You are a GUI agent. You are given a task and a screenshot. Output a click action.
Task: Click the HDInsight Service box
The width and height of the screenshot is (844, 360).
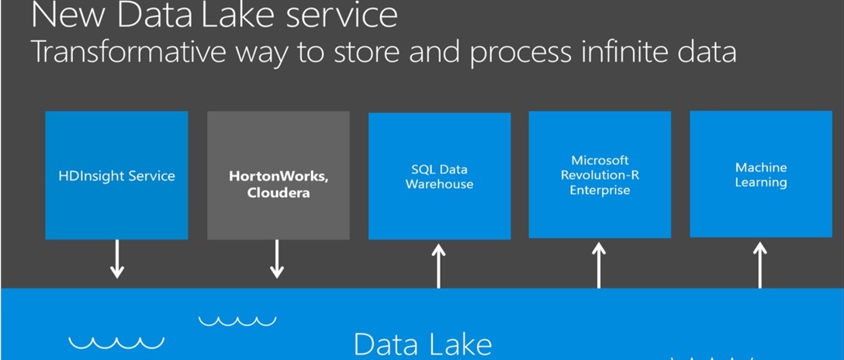(117, 175)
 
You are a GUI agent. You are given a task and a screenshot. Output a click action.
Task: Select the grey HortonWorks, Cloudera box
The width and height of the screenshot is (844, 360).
(278, 175)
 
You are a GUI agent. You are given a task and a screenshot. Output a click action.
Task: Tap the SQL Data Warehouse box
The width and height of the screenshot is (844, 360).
(439, 176)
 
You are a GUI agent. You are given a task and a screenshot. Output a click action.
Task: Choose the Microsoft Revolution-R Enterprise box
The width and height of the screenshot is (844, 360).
(600, 175)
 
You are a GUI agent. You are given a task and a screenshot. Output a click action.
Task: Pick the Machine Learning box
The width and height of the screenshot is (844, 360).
(760, 174)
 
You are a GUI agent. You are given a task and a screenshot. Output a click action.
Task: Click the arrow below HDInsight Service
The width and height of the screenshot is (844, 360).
(117, 259)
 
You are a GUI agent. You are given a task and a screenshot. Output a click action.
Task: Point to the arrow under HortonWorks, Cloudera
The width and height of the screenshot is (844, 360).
(277, 259)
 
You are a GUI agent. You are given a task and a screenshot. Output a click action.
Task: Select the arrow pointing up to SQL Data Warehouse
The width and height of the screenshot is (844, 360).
(439, 266)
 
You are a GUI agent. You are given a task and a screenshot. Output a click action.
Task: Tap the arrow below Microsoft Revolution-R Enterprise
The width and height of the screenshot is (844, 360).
(599, 265)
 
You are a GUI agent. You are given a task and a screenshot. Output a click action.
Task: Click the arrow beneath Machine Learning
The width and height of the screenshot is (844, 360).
(759, 265)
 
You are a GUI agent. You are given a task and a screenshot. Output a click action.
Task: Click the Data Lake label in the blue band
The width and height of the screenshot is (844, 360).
(423, 344)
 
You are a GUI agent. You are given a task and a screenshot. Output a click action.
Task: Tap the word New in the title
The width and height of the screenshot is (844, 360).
(68, 16)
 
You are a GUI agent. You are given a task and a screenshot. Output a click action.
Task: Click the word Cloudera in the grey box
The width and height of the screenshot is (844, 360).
(278, 193)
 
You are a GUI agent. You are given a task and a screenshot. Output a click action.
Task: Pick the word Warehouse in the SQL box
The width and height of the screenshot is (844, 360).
(439, 184)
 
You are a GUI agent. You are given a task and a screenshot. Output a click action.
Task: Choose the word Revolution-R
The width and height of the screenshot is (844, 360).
(600, 175)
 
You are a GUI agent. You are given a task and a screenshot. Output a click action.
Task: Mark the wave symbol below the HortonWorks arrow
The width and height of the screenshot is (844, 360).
(237, 320)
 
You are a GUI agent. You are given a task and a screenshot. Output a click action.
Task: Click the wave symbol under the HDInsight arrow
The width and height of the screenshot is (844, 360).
(117, 343)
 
